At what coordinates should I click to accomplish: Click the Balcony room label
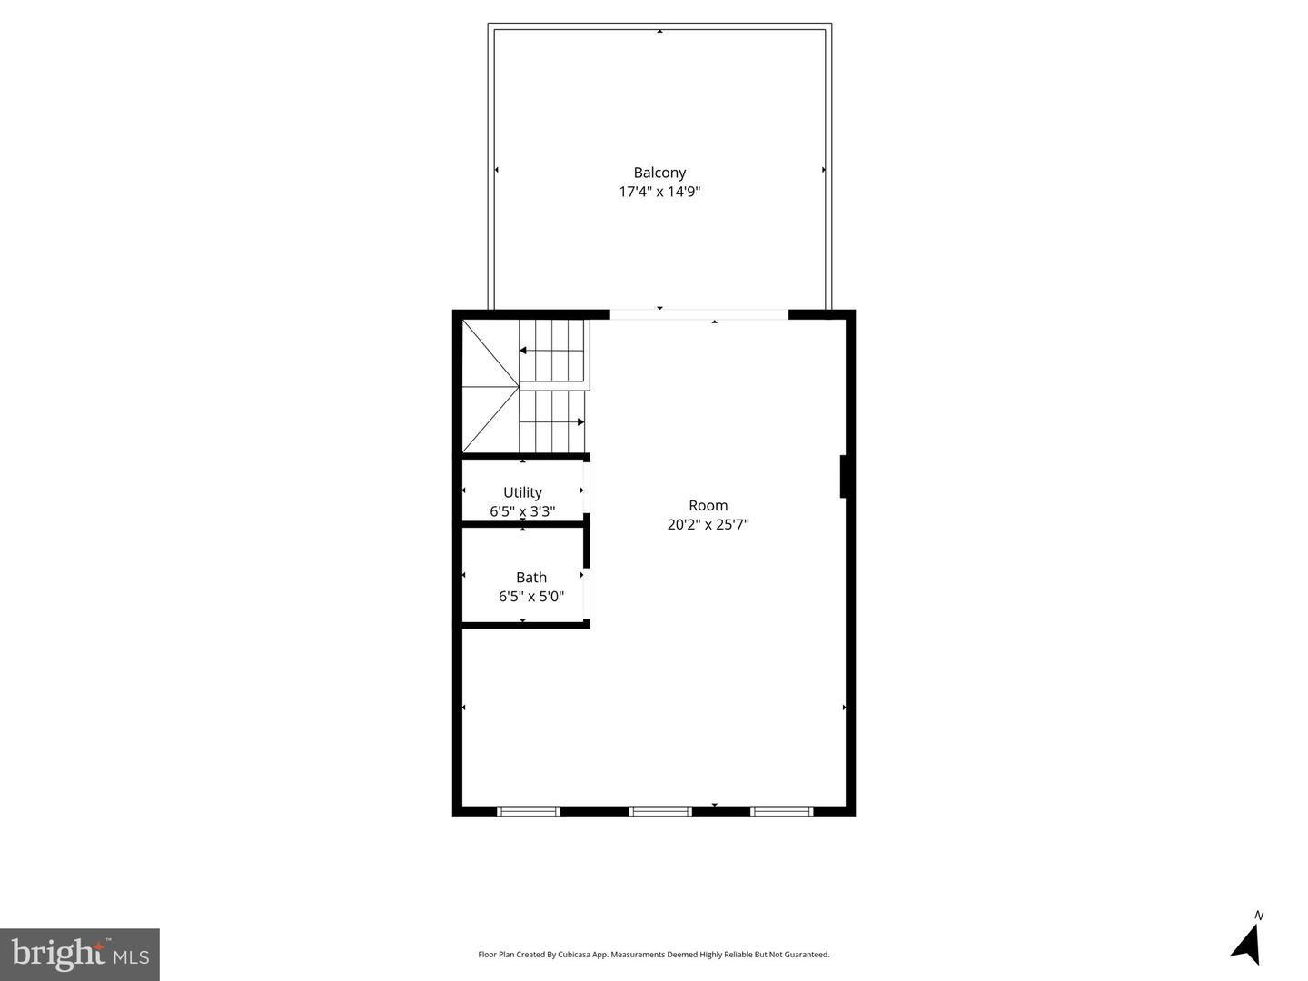coord(659,173)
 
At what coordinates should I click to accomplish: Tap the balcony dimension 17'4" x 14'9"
coord(659,192)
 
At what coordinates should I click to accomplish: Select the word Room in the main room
coord(708,506)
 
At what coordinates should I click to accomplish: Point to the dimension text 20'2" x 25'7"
coord(708,525)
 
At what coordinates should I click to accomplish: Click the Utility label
coord(522,492)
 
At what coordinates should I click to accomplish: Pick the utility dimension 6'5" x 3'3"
coord(522,511)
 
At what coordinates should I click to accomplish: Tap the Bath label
coord(531,578)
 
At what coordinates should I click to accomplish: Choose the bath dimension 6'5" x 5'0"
coord(531,597)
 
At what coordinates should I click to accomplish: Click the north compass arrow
coord(1246,945)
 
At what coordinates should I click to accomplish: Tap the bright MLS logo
coord(80,954)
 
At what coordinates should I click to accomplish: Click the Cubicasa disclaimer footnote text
coord(654,955)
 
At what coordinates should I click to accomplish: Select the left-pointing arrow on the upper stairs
coord(524,350)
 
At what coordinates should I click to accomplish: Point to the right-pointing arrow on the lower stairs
coord(580,421)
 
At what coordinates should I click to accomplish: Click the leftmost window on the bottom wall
coord(529,810)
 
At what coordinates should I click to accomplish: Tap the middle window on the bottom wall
coord(660,810)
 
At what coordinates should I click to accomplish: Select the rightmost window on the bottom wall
coord(782,810)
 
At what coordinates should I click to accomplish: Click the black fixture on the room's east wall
coord(844,476)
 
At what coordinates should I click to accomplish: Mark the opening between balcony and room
coord(699,315)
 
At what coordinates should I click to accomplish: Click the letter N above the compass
coord(1259,916)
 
